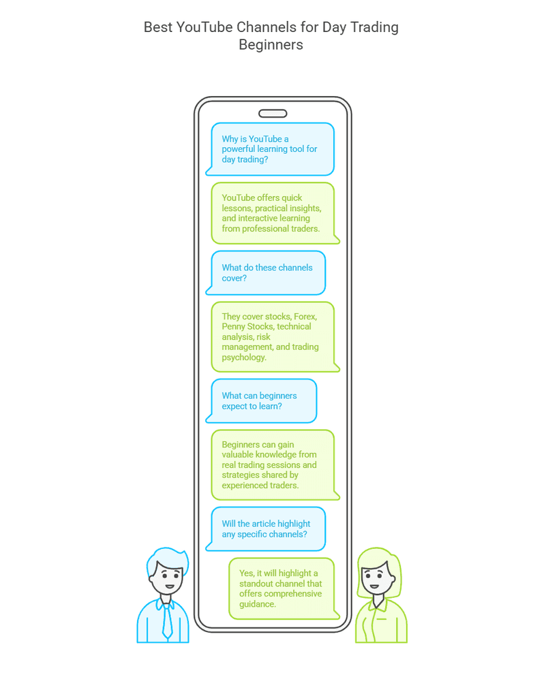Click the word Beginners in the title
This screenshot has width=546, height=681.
[271, 45]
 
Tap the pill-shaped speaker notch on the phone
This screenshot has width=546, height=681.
[273, 114]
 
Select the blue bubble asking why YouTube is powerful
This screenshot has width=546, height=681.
[272, 149]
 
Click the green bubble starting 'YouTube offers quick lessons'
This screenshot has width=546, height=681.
[273, 213]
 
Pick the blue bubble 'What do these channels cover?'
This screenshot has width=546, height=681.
[267, 273]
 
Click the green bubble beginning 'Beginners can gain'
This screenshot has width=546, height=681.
[273, 464]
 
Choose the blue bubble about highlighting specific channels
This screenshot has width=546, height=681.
[267, 528]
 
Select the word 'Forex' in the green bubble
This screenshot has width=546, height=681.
[304, 317]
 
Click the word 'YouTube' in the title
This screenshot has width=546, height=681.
[204, 28]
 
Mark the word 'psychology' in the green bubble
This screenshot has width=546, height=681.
[244, 357]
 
